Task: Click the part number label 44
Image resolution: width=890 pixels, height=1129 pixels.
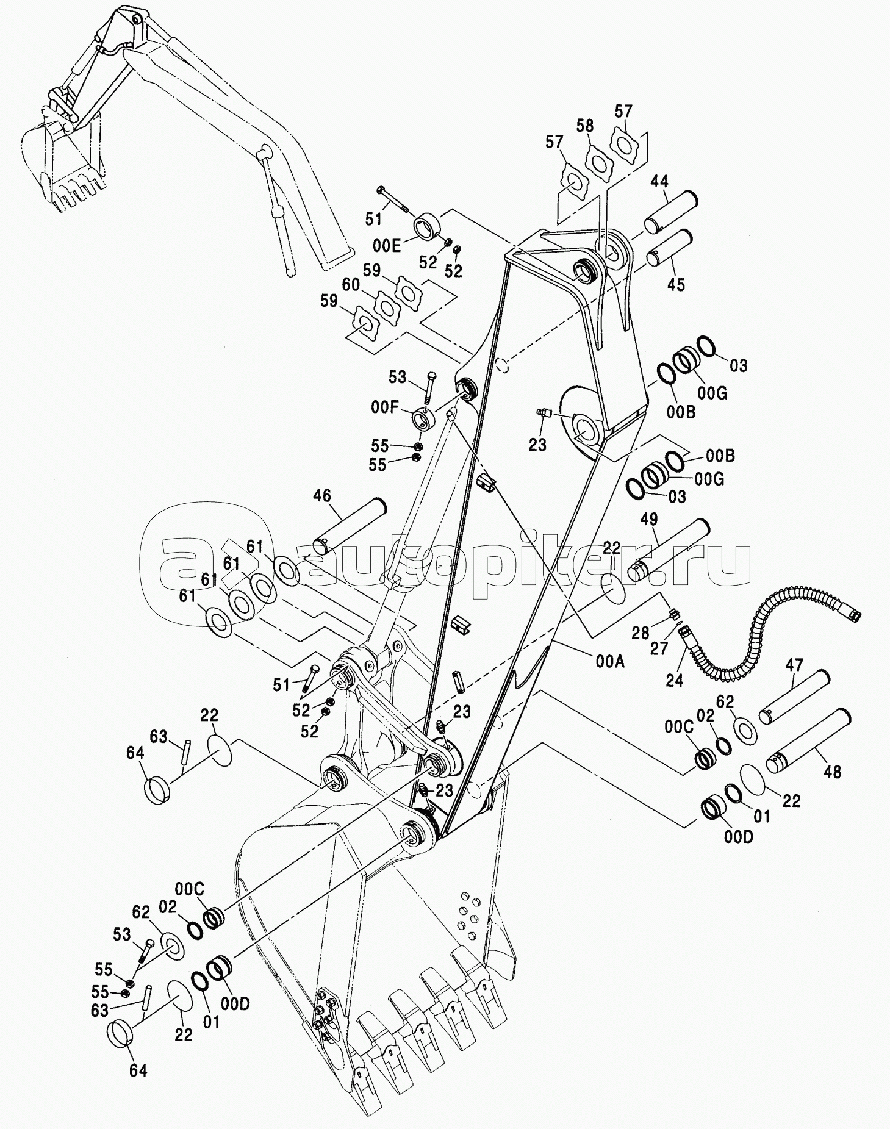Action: (x=659, y=181)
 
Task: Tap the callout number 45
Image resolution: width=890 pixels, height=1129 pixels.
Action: (x=676, y=284)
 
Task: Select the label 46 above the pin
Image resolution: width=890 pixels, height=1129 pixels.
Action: (x=322, y=495)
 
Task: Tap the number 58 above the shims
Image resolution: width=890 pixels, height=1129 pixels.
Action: (x=584, y=126)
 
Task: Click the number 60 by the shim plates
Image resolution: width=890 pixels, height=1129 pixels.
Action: (x=350, y=285)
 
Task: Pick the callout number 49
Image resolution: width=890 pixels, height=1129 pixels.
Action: (x=649, y=519)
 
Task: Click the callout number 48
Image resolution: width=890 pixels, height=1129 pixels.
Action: (x=832, y=772)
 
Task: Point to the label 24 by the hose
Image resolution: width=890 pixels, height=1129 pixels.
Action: (x=674, y=680)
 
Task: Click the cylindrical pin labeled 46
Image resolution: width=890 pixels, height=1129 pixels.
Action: (x=348, y=525)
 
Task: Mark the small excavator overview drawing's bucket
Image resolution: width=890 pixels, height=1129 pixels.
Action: (x=58, y=165)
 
